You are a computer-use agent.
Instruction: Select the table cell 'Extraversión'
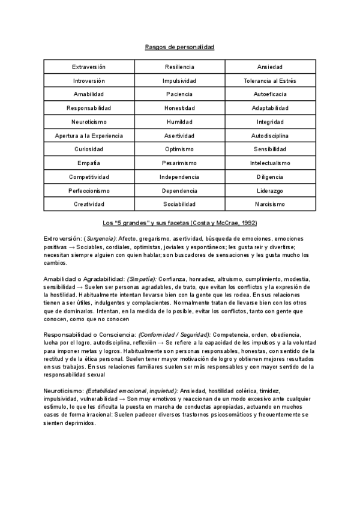(89, 67)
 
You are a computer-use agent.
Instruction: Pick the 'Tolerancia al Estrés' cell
(269, 80)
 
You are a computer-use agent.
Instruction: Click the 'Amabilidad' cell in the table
(89, 94)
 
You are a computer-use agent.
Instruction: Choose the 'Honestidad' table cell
(179, 108)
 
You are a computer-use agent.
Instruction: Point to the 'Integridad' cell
(269, 122)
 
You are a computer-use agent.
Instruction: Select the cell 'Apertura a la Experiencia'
(89, 136)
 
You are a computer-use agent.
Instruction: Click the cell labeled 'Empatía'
(89, 163)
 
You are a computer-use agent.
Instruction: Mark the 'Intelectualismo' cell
(269, 163)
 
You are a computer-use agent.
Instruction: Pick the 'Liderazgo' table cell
(269, 191)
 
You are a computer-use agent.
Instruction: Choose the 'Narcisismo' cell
(269, 205)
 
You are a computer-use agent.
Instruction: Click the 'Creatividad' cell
(89, 205)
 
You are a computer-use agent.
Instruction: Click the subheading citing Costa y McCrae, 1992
(180, 223)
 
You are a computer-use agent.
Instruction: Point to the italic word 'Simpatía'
(141, 279)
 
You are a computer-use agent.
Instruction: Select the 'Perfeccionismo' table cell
(89, 191)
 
